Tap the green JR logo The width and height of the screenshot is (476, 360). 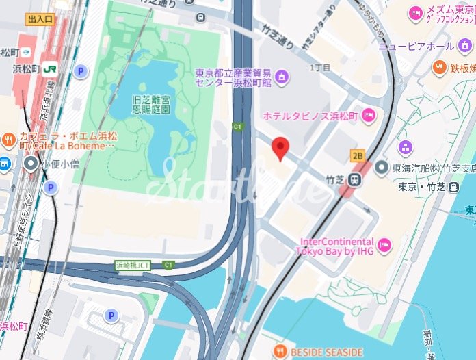pos(49,68)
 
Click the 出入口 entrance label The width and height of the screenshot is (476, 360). pos(40,19)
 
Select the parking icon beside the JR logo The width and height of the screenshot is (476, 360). pos(81,70)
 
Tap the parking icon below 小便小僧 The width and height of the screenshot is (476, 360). pos(50,188)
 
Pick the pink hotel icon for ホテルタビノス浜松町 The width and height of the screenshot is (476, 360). pos(369,114)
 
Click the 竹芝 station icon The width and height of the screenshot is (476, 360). pos(354,179)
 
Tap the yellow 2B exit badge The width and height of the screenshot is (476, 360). pos(358,156)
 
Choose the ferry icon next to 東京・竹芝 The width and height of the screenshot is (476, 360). pos(453,187)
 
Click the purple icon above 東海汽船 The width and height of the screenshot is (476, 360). pos(406,147)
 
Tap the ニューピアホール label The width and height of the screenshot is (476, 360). pos(416,46)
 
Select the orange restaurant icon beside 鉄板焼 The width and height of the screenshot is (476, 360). pos(439,68)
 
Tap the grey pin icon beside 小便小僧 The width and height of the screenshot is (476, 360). pos(31,164)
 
